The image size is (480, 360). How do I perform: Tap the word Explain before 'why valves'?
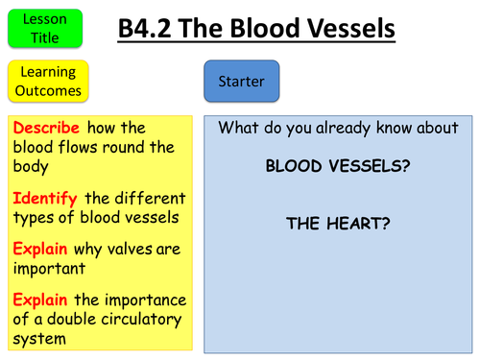click(41, 249)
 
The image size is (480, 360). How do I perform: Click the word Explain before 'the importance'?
click(41, 298)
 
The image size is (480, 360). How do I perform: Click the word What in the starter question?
click(237, 128)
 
